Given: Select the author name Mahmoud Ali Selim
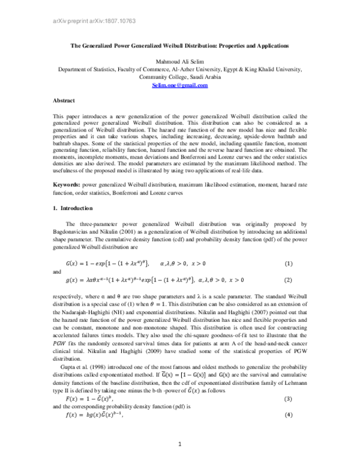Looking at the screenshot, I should (179, 61).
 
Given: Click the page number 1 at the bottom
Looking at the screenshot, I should (180, 444).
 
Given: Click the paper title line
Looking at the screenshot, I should (179, 46).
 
